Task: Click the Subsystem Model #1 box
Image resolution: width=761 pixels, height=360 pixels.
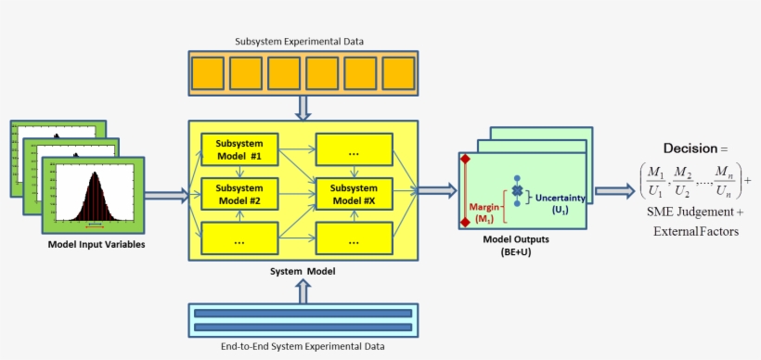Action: click(239, 148)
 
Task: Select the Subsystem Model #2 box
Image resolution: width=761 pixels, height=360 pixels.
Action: click(239, 194)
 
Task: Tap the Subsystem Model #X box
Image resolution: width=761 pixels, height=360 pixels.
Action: click(354, 194)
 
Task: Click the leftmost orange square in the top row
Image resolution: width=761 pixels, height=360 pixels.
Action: click(208, 72)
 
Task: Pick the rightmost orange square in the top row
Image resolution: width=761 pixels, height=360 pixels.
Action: click(396, 72)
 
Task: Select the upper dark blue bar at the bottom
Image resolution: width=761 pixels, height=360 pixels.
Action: click(303, 314)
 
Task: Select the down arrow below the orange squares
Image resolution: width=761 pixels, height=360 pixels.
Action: click(303, 108)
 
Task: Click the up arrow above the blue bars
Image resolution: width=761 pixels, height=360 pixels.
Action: click(303, 290)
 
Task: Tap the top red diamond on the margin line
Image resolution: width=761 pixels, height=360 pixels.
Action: click(465, 161)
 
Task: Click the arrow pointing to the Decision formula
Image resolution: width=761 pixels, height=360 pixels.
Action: click(614, 190)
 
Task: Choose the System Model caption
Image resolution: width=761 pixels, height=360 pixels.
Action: click(303, 271)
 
